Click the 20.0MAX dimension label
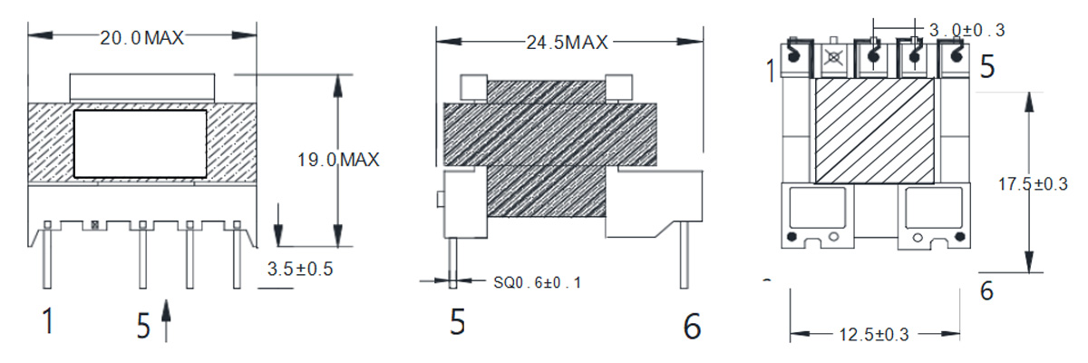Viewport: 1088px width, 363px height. click(x=141, y=37)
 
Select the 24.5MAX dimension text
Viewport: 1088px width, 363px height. click(x=567, y=43)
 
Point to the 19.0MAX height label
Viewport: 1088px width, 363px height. click(x=338, y=160)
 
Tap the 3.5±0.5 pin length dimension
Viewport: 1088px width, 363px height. click(x=300, y=269)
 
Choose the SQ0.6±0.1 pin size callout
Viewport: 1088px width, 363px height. click(x=537, y=282)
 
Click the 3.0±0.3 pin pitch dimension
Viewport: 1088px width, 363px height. click(x=967, y=30)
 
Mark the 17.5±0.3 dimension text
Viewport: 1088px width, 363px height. click(x=1033, y=183)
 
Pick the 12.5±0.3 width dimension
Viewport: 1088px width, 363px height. click(x=874, y=334)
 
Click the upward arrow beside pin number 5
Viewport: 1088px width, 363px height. click(x=166, y=320)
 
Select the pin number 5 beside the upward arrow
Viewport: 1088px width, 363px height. click(x=143, y=325)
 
